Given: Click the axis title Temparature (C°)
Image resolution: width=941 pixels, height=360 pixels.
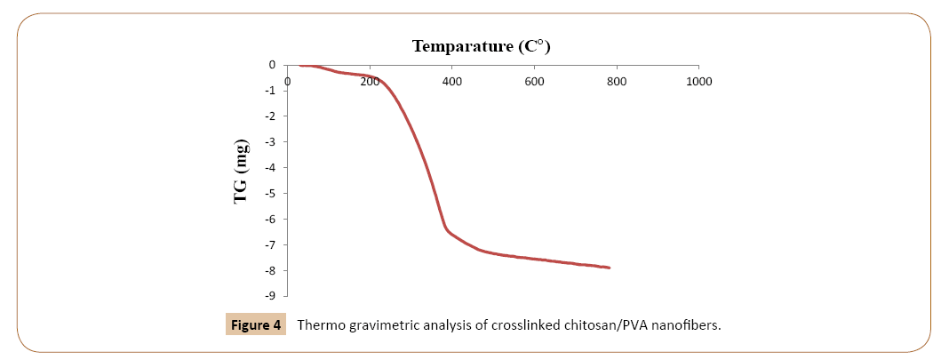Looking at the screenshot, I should (x=488, y=46).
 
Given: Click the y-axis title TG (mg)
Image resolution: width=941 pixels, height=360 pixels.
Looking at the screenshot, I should (x=242, y=172).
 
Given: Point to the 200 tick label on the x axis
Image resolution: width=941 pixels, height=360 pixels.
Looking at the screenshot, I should (x=370, y=82).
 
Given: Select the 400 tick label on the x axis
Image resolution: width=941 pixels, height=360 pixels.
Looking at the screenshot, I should (x=451, y=82).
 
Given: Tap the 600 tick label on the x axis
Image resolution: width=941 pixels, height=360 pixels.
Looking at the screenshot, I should (x=534, y=82).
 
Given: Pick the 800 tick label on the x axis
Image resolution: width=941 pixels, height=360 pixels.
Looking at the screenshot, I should (x=617, y=82).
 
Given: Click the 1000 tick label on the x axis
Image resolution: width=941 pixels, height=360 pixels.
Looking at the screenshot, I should (x=698, y=82).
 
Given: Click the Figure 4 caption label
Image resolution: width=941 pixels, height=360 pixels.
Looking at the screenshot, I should (x=255, y=325).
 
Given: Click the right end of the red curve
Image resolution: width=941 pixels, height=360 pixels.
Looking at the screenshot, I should (x=609, y=268).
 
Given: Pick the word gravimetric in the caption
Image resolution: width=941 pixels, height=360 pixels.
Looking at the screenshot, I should (x=391, y=326).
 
